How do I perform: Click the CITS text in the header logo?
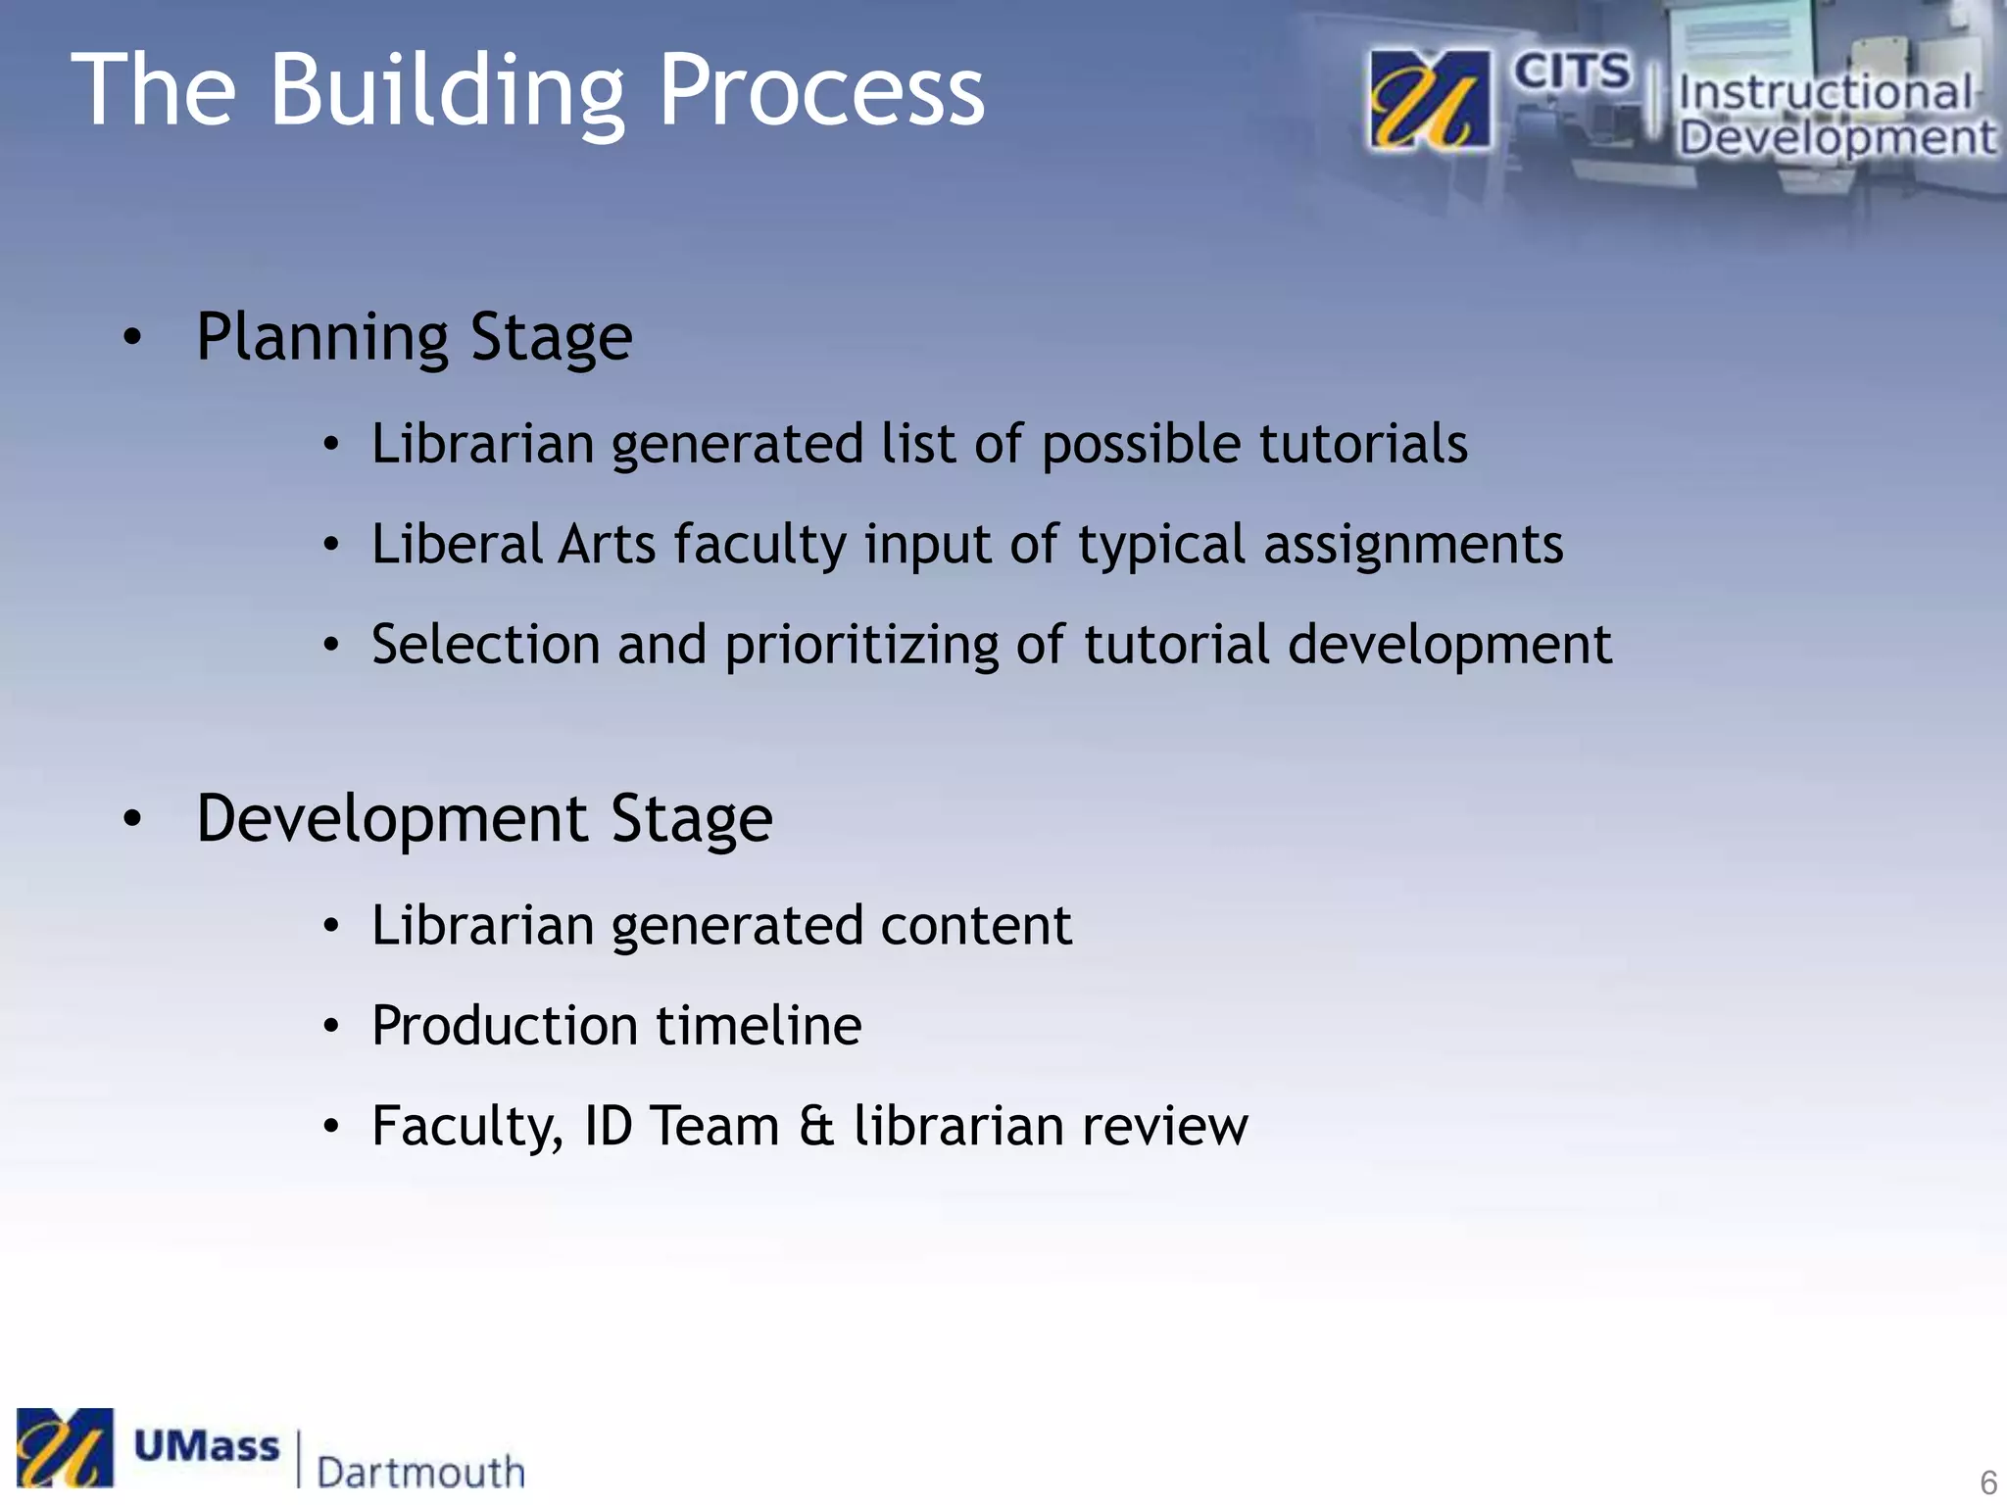tap(1572, 73)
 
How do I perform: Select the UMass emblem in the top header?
tap(1430, 101)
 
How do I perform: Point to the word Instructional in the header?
tap(1825, 93)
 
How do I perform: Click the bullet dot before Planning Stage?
tap(133, 338)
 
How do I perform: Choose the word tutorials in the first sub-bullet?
tap(1363, 443)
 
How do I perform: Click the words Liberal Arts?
tap(514, 544)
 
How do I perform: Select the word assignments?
tap(1413, 545)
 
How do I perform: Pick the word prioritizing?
tap(860, 646)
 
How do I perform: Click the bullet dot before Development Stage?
tap(133, 819)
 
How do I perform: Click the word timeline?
tap(759, 1026)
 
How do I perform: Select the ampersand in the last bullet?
tap(816, 1126)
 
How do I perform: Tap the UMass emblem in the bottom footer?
tap(65, 1447)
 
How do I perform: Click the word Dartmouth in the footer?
tap(421, 1471)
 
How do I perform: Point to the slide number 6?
tap(1988, 1482)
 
